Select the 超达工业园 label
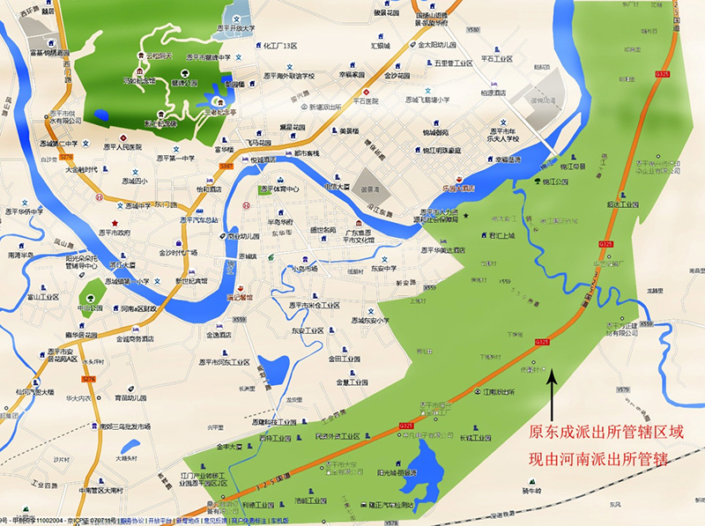click(638, 204)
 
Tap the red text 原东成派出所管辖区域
click(605, 433)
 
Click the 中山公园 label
click(91, 307)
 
